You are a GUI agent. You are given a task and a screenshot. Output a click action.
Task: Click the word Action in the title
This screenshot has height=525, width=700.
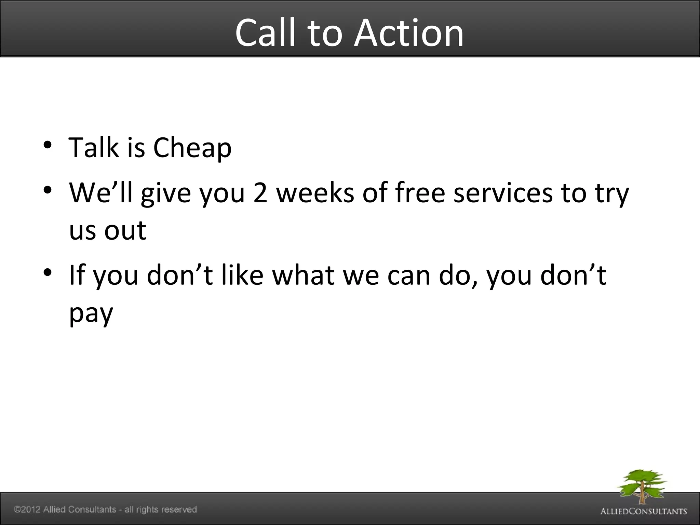click(x=409, y=33)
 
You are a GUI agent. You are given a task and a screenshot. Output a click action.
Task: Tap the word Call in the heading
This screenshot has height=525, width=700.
click(x=265, y=33)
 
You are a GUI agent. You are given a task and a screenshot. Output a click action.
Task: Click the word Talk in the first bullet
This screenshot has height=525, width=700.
click(x=94, y=147)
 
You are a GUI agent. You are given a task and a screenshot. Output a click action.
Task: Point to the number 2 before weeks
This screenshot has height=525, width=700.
click(x=260, y=193)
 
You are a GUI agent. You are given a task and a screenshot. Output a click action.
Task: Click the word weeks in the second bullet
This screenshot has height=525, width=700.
click(x=315, y=193)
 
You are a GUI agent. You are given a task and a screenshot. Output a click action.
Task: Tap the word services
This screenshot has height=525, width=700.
click(x=503, y=193)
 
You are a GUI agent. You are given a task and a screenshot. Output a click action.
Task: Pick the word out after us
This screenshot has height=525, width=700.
click(x=125, y=231)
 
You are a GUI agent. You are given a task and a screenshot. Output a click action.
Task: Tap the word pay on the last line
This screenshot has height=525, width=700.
click(x=91, y=314)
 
